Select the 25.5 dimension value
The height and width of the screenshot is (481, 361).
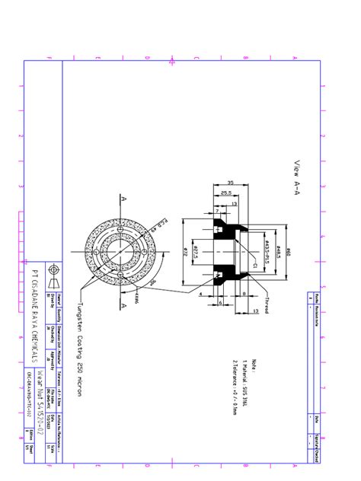click(226, 193)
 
